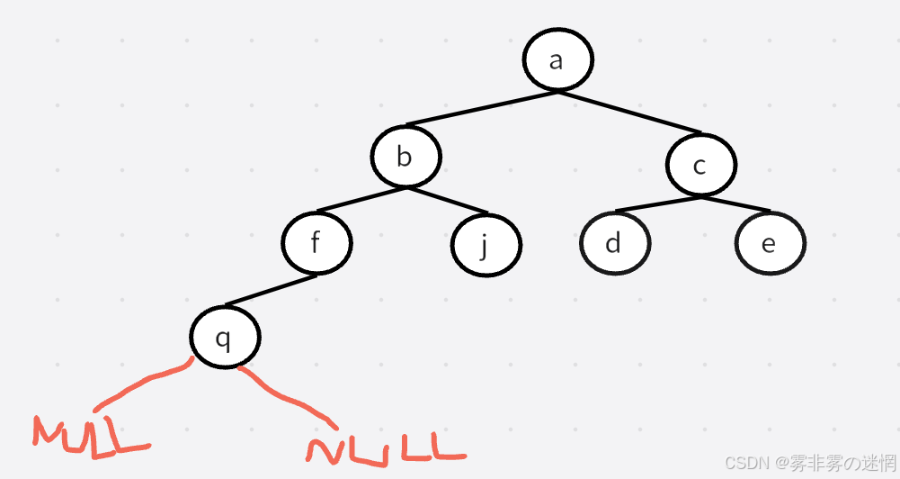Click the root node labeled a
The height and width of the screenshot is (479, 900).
pos(557,60)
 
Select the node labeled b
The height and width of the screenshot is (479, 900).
pos(405,158)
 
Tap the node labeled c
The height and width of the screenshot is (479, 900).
pos(700,165)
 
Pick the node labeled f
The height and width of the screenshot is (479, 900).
pos(316,243)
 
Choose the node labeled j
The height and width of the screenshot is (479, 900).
pos(486,244)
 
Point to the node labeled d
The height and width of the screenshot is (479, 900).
pos(614,243)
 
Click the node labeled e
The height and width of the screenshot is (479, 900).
pos(769,244)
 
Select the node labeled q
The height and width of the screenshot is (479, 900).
pos(224,339)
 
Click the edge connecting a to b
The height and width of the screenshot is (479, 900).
pos(481,108)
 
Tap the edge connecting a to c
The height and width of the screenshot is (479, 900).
pos(629,112)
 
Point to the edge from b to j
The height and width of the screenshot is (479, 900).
pos(445,201)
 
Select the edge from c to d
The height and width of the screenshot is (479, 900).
pos(659,203)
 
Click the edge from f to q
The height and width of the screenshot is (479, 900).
pos(271,290)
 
